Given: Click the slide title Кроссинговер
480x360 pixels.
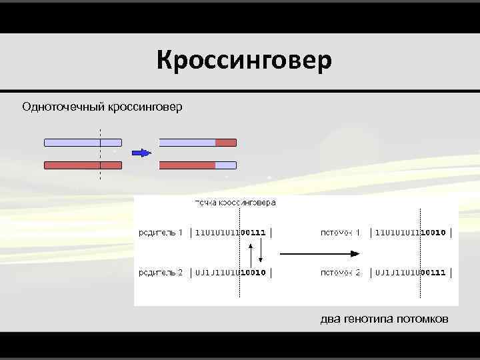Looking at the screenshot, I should point(244,61).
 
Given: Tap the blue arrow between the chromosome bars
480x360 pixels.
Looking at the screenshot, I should point(141,153).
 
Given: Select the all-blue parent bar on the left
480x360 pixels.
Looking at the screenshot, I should point(83,142).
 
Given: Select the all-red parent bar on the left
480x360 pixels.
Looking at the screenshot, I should point(83,165).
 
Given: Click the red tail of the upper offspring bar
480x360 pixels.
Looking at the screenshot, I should point(226,142).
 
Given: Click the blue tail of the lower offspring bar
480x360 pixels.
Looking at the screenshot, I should point(226,165).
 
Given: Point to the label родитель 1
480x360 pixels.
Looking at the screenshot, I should point(161,233).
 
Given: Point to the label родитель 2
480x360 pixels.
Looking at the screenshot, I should point(161,272).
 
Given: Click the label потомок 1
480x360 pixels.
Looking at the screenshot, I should point(341,233).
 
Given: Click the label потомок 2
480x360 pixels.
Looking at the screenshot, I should point(341,272).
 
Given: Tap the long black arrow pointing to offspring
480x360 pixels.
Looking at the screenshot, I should point(320,253).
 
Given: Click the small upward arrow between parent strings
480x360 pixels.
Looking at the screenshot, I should point(251,253).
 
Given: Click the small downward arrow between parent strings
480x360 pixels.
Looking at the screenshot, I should point(261,252).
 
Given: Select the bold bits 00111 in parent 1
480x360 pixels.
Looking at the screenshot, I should point(253,233).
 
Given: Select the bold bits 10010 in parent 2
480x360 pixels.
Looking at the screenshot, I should point(253,272).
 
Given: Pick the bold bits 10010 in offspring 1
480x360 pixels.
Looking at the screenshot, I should point(433,233).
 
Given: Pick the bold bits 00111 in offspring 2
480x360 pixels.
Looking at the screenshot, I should point(433,272).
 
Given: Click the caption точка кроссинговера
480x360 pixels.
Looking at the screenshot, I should point(235,202).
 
